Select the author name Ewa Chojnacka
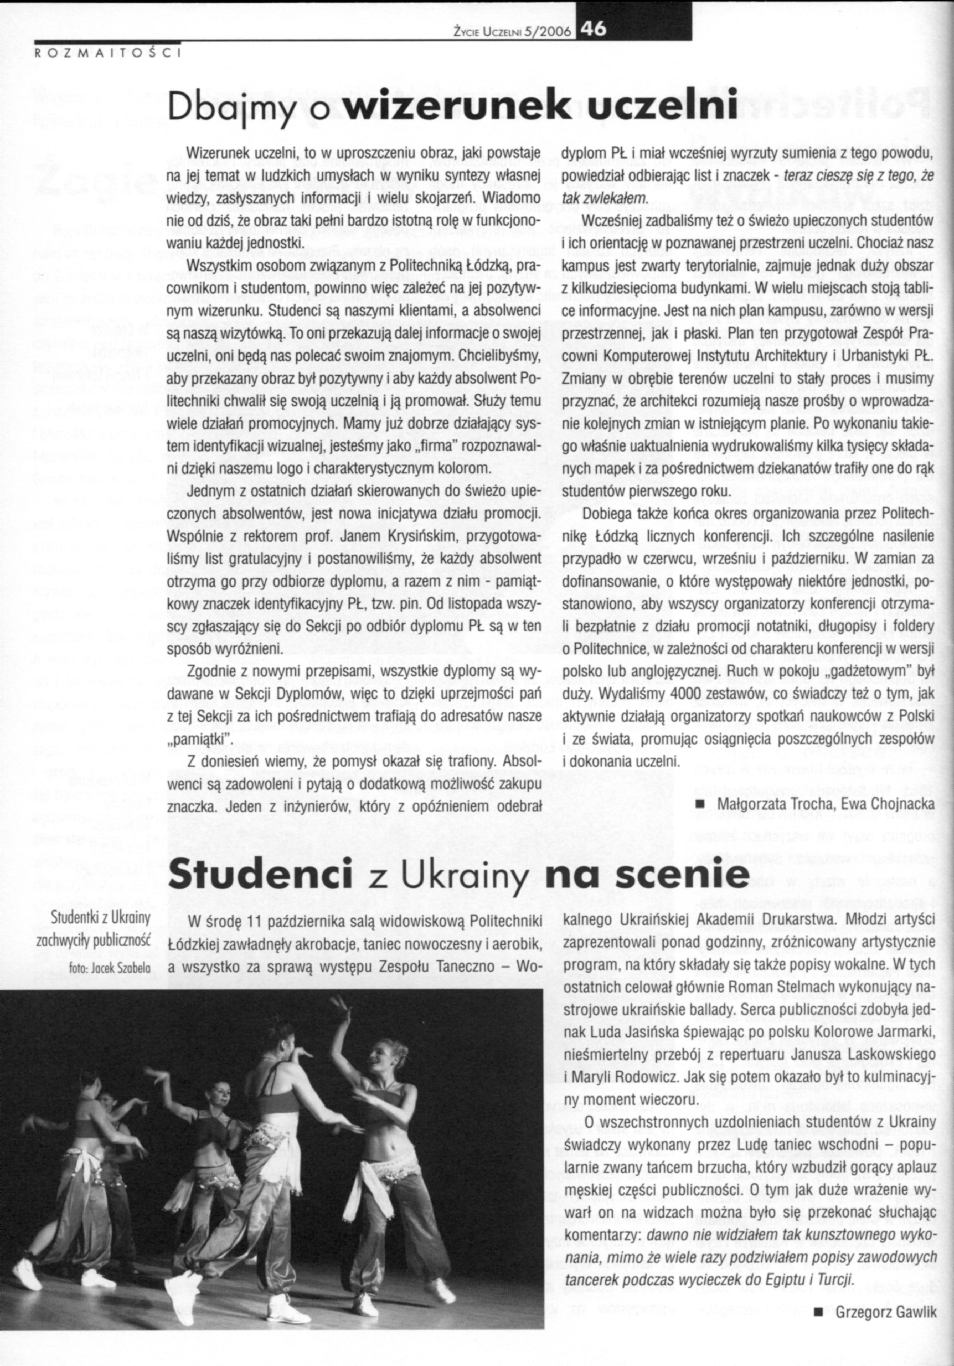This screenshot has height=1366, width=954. [x=896, y=804]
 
